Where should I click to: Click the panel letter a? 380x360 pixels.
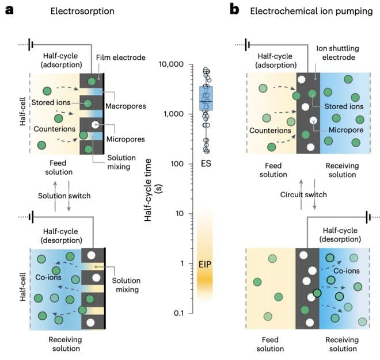tap(9, 10)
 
